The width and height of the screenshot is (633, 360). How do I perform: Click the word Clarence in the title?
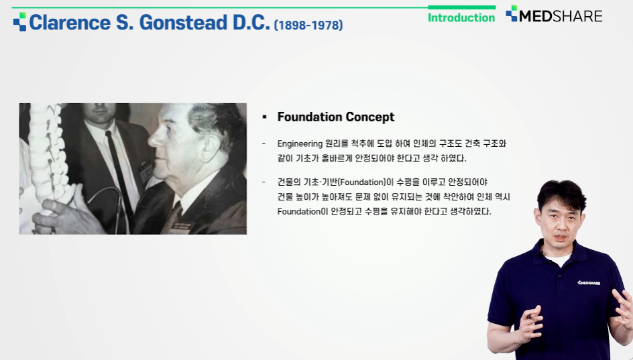(70, 23)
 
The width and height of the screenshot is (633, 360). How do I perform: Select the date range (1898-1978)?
(308, 25)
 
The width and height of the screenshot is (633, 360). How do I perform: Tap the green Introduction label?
(461, 17)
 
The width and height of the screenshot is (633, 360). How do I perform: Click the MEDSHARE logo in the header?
(554, 15)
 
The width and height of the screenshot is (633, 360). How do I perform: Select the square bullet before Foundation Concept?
(264, 117)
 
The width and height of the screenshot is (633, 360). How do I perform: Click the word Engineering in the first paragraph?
(300, 143)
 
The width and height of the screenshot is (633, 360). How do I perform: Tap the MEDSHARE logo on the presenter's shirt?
(589, 282)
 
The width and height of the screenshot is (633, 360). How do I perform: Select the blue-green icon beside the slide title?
(20, 21)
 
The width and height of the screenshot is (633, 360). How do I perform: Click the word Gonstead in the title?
(183, 23)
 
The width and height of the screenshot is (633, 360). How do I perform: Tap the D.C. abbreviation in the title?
(251, 23)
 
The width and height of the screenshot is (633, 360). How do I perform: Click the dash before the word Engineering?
(264, 143)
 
